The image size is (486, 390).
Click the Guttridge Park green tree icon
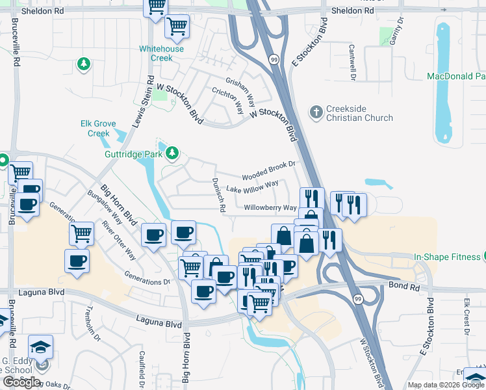tap(172, 153)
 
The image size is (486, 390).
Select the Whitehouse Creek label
tap(161, 53)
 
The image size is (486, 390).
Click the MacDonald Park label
tap(455, 76)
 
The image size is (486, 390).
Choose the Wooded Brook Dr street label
tap(268, 172)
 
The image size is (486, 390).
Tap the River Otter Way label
tap(118, 240)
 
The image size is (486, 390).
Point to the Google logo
tap(22, 382)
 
